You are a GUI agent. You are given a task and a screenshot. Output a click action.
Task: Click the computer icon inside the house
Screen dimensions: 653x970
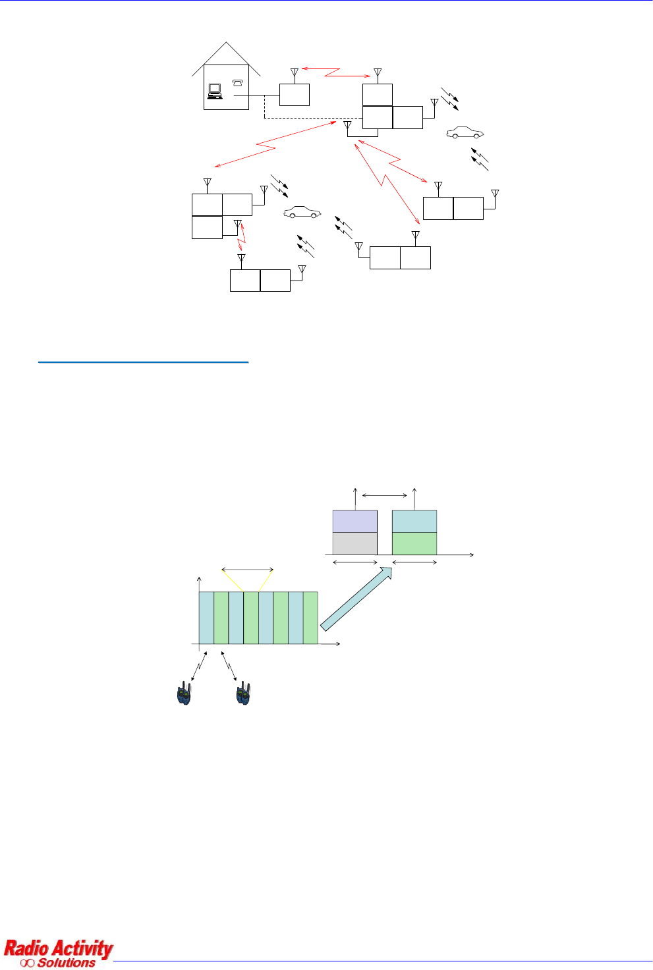click(x=214, y=92)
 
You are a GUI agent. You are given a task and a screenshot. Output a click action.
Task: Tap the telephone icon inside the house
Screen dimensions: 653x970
click(x=238, y=82)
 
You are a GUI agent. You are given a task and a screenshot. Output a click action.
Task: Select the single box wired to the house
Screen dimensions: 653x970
click(x=295, y=95)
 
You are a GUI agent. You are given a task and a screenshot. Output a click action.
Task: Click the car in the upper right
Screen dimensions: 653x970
click(x=465, y=132)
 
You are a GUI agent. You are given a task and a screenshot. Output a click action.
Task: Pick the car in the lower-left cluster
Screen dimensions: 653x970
click(x=302, y=212)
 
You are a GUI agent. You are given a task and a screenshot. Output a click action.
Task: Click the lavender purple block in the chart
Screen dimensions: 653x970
click(x=355, y=521)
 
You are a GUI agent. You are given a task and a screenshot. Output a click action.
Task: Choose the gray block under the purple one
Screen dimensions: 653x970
click(x=355, y=543)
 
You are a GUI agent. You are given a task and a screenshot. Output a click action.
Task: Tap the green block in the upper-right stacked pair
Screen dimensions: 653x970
click(x=414, y=543)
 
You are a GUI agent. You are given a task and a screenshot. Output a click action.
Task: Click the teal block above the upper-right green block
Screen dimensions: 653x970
click(x=414, y=521)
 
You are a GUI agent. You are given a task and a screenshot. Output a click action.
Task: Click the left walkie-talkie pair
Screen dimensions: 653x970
click(x=184, y=694)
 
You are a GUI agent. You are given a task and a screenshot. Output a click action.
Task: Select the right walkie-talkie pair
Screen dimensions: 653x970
click(x=243, y=694)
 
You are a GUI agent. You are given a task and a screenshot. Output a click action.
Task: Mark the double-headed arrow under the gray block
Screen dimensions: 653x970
click(x=355, y=562)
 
